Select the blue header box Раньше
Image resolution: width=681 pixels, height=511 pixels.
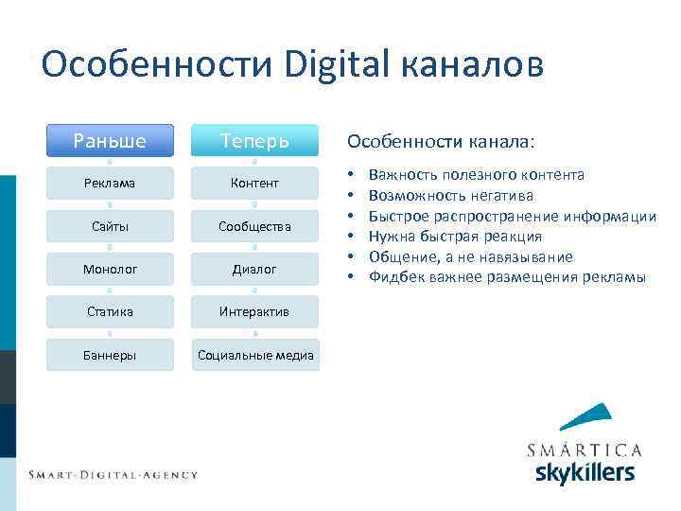(110, 141)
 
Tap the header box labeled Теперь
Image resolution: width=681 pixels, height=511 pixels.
(254, 141)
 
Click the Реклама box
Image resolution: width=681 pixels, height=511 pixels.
(110, 183)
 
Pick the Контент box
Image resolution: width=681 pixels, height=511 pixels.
(254, 183)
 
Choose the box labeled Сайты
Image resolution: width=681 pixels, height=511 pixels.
(110, 226)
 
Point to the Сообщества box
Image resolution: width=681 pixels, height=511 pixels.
(254, 226)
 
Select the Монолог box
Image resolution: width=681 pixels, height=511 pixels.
(110, 269)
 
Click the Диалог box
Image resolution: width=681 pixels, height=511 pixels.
(254, 269)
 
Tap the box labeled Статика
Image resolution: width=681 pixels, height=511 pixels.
(110, 311)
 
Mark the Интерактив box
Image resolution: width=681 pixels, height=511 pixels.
(254, 311)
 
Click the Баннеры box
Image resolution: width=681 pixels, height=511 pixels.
(110, 355)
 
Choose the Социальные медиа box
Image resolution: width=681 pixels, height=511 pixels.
(254, 355)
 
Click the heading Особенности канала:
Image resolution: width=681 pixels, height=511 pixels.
(440, 141)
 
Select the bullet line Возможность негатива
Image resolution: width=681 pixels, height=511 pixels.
(450, 196)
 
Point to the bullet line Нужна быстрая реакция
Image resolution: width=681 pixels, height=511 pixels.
(455, 237)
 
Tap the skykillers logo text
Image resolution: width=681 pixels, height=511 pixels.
(585, 472)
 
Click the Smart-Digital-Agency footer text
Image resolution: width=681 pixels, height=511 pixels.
(113, 474)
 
